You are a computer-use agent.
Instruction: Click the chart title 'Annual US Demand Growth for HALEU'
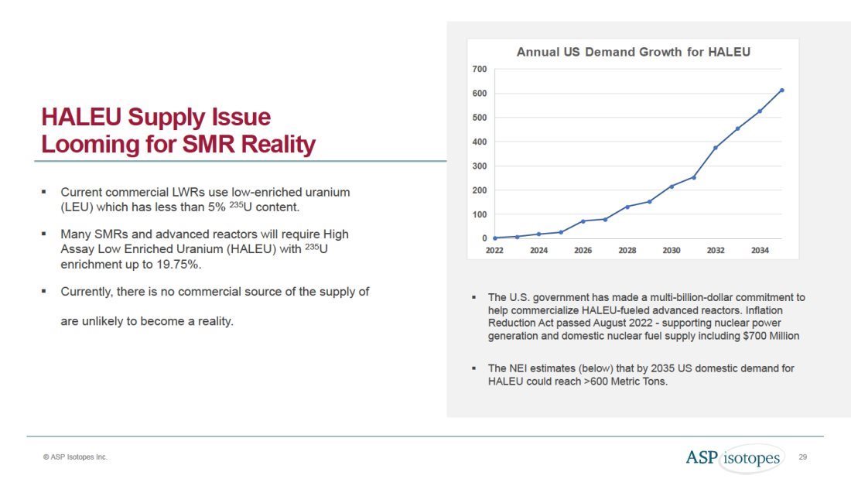point(634,53)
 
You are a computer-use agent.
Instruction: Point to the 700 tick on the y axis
point(479,70)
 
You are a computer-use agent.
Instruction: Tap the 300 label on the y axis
point(479,166)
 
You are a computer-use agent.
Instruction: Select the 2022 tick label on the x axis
point(494,251)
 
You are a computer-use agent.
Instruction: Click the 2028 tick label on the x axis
point(627,251)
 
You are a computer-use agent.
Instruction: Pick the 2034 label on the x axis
point(760,251)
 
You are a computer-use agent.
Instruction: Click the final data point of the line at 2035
point(782,91)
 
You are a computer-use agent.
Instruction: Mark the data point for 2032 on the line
point(716,148)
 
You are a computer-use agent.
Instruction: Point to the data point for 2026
point(583,221)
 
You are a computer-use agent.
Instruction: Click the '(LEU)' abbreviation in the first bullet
point(77,207)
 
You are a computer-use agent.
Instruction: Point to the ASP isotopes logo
point(733,457)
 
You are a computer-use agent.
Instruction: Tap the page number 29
point(803,457)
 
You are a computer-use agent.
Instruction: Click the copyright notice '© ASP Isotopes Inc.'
point(76,457)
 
